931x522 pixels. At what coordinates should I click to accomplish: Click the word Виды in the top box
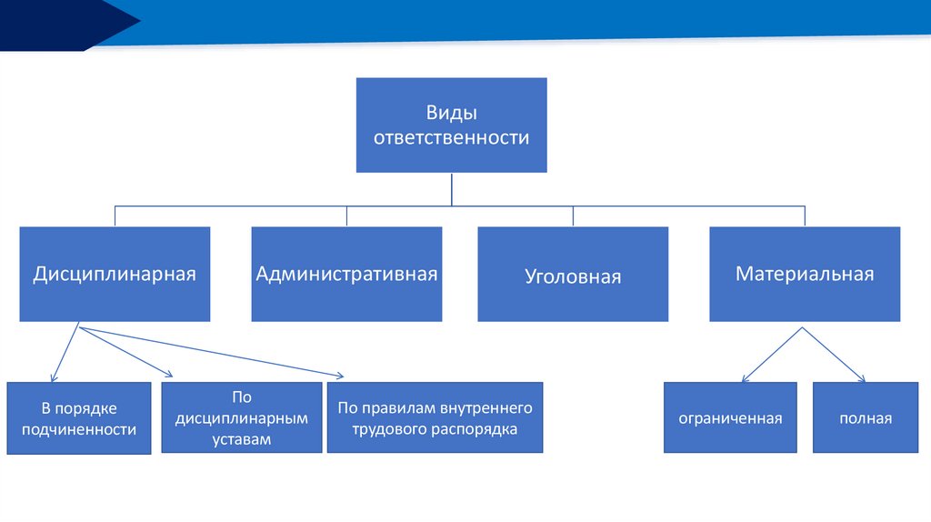click(x=452, y=114)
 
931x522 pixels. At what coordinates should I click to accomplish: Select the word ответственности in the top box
click(x=452, y=138)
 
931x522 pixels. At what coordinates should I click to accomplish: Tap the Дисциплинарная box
click(x=115, y=274)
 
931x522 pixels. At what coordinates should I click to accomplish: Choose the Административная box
click(x=346, y=274)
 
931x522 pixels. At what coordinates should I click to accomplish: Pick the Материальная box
click(x=805, y=274)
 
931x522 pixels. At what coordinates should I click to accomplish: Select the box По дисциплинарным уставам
click(x=242, y=417)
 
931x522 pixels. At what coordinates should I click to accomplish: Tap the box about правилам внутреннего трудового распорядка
click(x=435, y=417)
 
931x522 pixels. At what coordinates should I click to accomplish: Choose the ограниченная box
click(x=730, y=418)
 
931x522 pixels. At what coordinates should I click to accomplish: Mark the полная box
click(x=866, y=418)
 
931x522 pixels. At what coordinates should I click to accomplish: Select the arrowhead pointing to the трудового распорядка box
click(x=340, y=376)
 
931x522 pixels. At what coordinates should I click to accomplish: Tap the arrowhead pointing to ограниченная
click(x=746, y=378)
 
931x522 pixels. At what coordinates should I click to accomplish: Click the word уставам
click(x=242, y=438)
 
